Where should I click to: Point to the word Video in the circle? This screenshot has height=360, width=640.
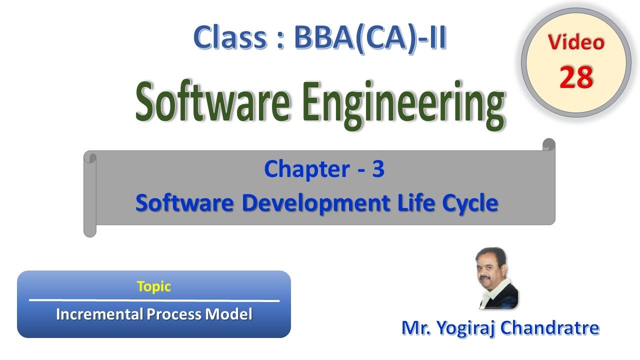[576, 42]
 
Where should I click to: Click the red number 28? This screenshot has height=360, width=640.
[576, 77]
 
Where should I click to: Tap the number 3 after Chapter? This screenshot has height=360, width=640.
[378, 169]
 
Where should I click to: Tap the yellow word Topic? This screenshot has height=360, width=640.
[153, 286]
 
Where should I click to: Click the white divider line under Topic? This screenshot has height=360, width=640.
[154, 300]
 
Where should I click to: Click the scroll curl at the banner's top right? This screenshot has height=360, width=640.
[548, 144]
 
